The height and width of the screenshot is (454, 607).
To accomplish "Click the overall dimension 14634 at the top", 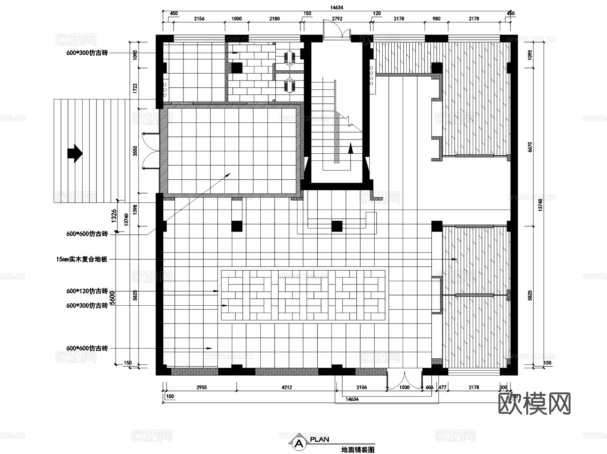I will [x=337, y=7].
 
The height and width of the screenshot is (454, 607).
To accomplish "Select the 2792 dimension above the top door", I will [x=337, y=19].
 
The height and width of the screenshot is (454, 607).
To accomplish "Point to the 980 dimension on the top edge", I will [x=436, y=19].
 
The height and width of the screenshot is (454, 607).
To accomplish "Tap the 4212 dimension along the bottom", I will [x=287, y=387].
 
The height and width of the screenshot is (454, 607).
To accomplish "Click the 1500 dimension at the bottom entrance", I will [x=404, y=387].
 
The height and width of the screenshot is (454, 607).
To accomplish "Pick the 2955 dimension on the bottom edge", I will [x=202, y=387].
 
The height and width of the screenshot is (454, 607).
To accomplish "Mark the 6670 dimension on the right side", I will [x=530, y=147].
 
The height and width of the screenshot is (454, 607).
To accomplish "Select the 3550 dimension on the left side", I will [x=135, y=151].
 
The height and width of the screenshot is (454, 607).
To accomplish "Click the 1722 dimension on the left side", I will [x=135, y=88].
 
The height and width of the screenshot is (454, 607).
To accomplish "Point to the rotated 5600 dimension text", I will [x=113, y=298].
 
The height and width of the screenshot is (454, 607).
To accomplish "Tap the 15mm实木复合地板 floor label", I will [x=82, y=259].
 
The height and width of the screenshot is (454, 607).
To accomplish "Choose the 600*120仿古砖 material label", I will [x=87, y=291].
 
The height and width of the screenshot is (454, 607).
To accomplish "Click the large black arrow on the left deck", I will [x=75, y=153].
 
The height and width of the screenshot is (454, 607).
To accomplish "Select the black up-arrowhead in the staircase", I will [x=351, y=148].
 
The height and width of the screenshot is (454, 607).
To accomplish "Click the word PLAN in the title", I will [x=320, y=440].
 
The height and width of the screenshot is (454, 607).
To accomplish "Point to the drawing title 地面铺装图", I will [x=358, y=450].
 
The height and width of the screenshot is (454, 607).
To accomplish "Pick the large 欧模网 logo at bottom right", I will [x=534, y=403].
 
